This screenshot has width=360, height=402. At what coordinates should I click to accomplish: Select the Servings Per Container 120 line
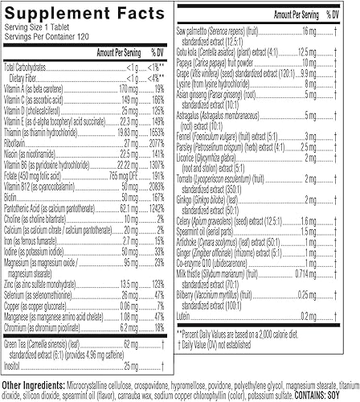coord(44,39)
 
